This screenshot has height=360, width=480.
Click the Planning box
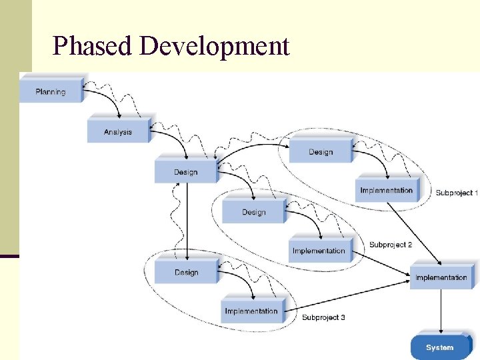pos(51,91)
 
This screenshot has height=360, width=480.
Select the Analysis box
pos(118,131)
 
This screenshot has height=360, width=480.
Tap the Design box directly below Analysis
pos(185,172)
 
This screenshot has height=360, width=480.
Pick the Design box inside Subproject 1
pos(321,152)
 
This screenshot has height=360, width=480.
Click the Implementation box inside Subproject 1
pos(387,190)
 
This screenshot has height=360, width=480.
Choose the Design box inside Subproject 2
pos(253,212)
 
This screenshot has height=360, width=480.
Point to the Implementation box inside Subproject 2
pos(319,251)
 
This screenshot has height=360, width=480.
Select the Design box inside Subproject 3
pos(186,272)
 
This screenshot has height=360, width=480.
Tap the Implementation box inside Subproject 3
pos(251,311)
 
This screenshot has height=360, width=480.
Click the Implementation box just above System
pos(441,277)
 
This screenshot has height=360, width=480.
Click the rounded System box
pos(439,347)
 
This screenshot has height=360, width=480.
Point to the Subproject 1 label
pos(457,193)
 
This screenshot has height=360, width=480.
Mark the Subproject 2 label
pos(391,245)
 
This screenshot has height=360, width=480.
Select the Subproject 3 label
pos(323,317)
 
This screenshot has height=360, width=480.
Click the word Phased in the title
pos(92,47)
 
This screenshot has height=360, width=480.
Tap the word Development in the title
pos(215,47)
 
